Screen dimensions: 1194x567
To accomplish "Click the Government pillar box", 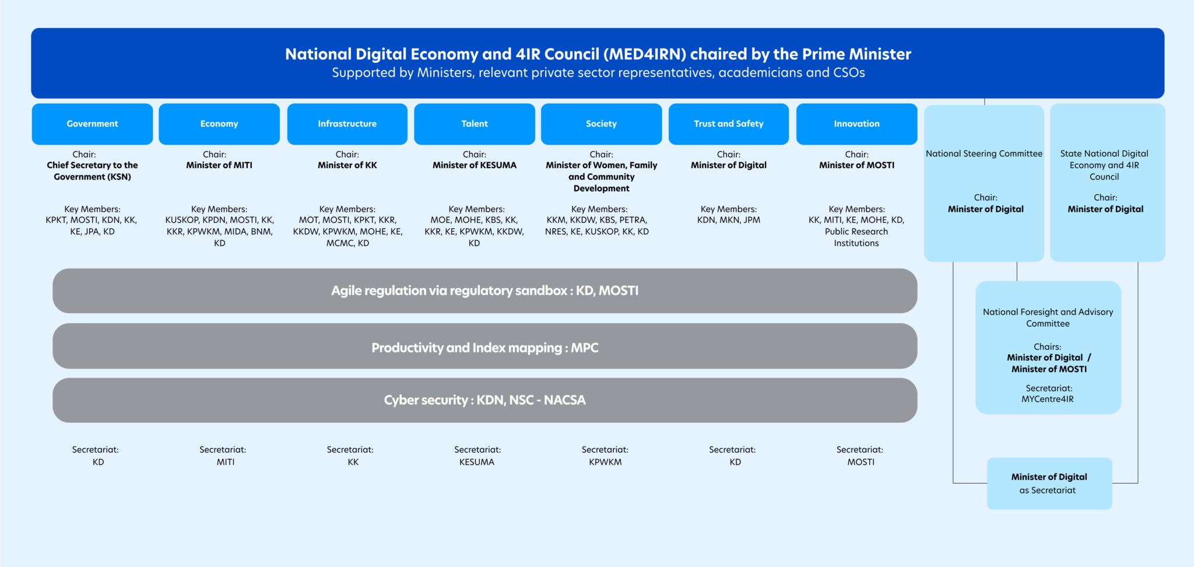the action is click(92, 124).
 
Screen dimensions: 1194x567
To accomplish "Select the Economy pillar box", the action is click(219, 124).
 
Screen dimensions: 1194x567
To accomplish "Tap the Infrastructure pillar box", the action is click(347, 124).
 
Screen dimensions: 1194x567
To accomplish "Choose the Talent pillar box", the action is click(475, 124).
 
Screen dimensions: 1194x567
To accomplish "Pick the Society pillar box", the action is click(602, 124).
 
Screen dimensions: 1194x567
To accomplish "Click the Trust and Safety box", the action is click(729, 124).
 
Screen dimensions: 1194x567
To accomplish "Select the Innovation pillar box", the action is click(857, 124).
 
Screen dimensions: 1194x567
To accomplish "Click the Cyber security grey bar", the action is click(485, 400).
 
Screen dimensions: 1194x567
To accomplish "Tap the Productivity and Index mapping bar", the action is click(485, 346).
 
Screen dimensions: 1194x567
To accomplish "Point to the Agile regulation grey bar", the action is click(485, 290).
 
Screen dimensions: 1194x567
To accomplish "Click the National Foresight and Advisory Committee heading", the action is click(1048, 318).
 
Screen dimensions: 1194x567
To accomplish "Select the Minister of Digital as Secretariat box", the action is click(1049, 484).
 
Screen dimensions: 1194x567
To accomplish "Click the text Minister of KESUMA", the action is click(475, 165).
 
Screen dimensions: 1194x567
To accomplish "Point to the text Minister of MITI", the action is click(219, 165).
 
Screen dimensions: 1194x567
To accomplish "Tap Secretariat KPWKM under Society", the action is click(605, 456).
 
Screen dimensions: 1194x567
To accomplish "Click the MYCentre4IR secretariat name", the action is click(1048, 399).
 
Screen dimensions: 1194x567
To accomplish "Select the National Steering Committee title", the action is click(984, 153).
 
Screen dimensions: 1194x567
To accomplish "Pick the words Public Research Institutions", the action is click(856, 237).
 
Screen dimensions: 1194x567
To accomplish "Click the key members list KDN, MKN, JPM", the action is click(729, 220).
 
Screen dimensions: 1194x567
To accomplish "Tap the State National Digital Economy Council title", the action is click(1104, 165).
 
